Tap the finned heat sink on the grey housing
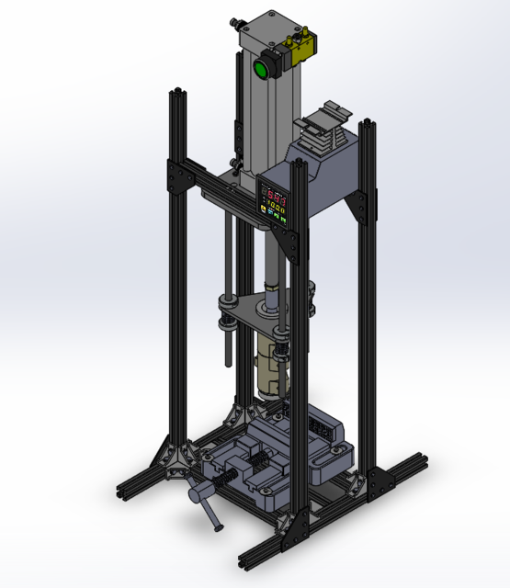(x=323, y=128)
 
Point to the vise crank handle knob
(x=196, y=493)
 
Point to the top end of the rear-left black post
(x=175, y=93)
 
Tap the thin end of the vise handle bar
(x=217, y=526)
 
